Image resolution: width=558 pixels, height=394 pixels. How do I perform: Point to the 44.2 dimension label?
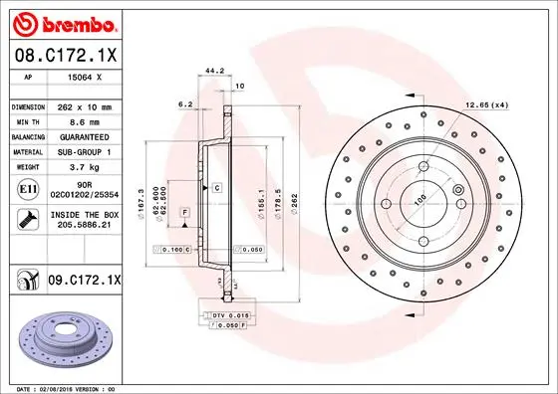tap(210, 71)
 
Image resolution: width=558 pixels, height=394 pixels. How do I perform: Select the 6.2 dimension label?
tap(184, 103)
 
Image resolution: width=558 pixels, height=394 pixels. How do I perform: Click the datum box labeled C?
tap(215, 187)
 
